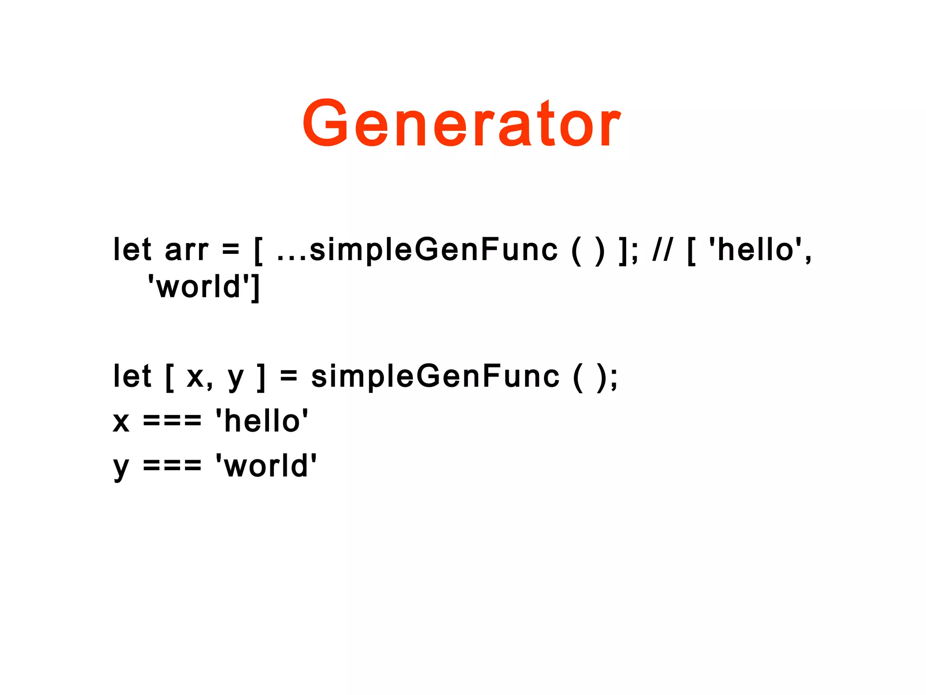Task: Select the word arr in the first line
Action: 187,250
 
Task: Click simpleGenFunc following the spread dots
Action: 434,250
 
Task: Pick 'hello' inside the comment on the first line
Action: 756,250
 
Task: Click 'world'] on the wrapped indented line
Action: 204,287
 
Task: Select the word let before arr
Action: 132,250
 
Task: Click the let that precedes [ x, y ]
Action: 132,376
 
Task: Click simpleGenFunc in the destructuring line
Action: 435,376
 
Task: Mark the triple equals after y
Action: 172,466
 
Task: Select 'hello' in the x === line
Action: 262,421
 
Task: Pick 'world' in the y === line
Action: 266,466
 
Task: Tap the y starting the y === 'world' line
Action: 121,469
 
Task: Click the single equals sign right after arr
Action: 231,250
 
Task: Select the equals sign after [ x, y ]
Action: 288,377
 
